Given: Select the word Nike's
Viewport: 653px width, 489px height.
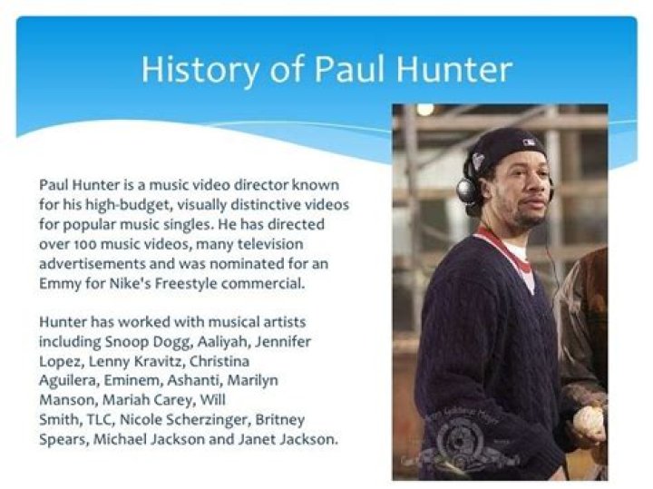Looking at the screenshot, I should (135, 283).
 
